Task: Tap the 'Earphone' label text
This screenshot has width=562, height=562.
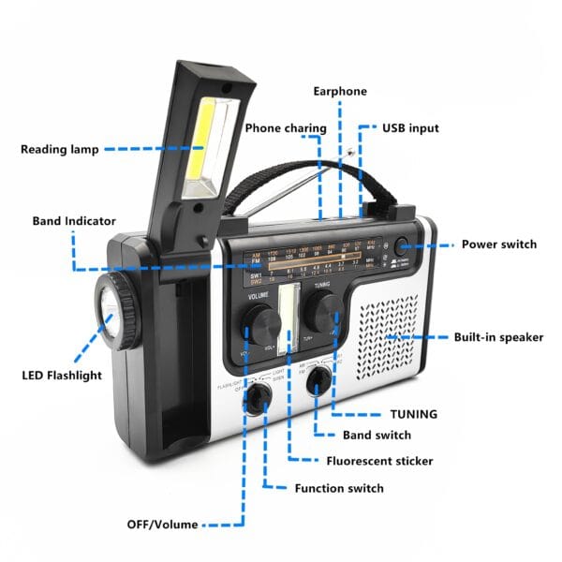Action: coord(339,92)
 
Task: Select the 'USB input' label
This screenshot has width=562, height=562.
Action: coord(409,127)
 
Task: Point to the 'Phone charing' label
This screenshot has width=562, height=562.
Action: coord(286,127)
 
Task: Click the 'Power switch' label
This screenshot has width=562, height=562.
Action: coord(498,244)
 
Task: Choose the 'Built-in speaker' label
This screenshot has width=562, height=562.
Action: coord(498,337)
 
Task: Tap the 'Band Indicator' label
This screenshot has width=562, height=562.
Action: coord(74,221)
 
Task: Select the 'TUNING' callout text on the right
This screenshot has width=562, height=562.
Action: coord(413,413)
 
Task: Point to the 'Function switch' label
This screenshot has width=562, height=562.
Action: coord(338,488)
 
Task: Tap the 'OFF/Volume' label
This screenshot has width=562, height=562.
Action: coord(162,524)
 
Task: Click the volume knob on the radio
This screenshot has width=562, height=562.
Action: coord(261,323)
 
